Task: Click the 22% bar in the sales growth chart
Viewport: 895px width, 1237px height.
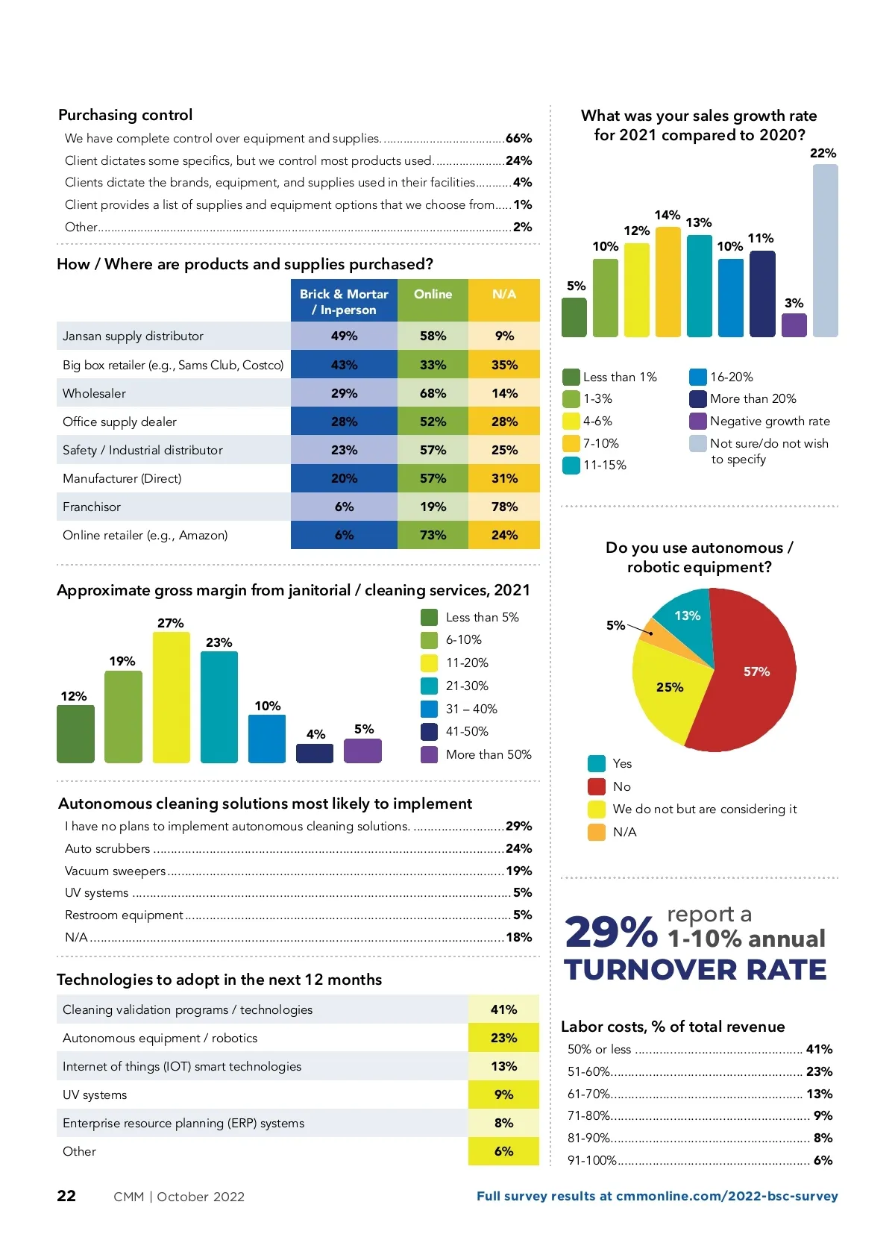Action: [825, 251]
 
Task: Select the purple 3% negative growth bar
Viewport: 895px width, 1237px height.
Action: [794, 325]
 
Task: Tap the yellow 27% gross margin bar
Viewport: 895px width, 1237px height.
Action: [171, 698]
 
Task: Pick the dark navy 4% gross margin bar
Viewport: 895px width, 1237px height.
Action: [315, 754]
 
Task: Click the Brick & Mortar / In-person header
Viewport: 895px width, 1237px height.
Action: [344, 301]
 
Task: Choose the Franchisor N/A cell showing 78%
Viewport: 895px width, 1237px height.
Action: [504, 507]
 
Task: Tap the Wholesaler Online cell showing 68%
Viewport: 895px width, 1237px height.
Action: [433, 393]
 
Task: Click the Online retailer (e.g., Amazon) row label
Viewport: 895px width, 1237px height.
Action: [145, 535]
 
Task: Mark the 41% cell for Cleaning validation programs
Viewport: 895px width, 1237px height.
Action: [503, 1009]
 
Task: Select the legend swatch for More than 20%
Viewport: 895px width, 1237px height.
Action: [698, 399]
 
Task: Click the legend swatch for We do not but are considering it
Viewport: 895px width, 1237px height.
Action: [597, 809]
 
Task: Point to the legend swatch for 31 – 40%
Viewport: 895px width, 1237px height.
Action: [430, 709]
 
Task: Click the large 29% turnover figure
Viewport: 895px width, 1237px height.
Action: [611, 933]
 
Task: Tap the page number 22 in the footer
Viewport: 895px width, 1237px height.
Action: [66, 1196]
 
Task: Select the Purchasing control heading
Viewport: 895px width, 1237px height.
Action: [125, 115]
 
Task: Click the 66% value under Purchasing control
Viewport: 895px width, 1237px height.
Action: [518, 138]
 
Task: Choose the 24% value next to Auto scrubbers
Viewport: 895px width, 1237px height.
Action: [518, 848]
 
